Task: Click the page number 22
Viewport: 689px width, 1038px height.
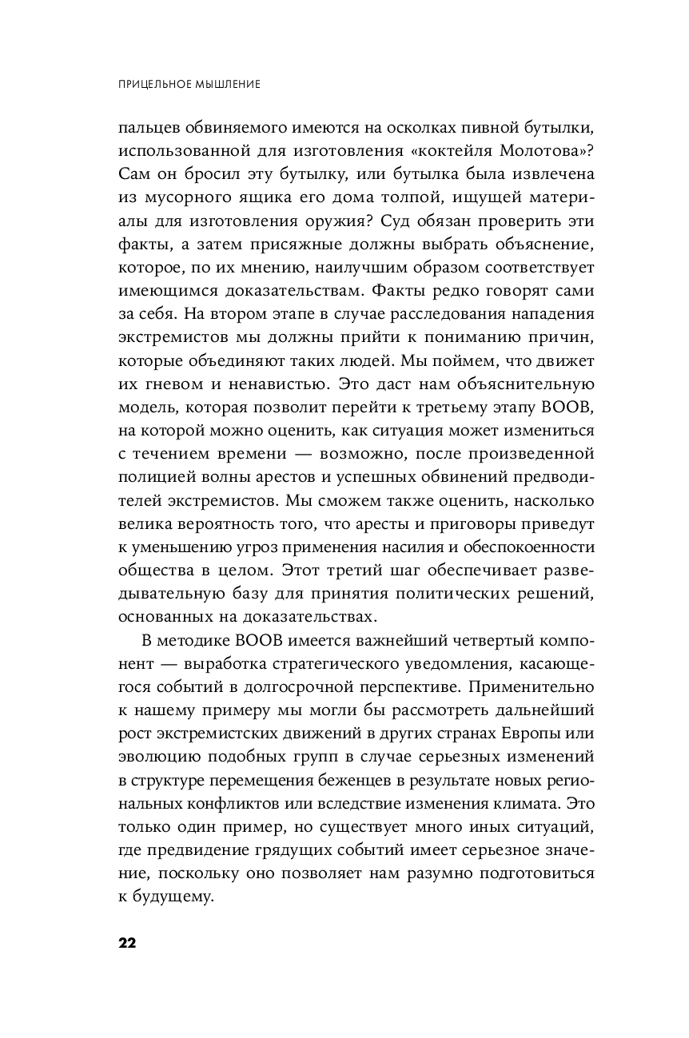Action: coord(127,942)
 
